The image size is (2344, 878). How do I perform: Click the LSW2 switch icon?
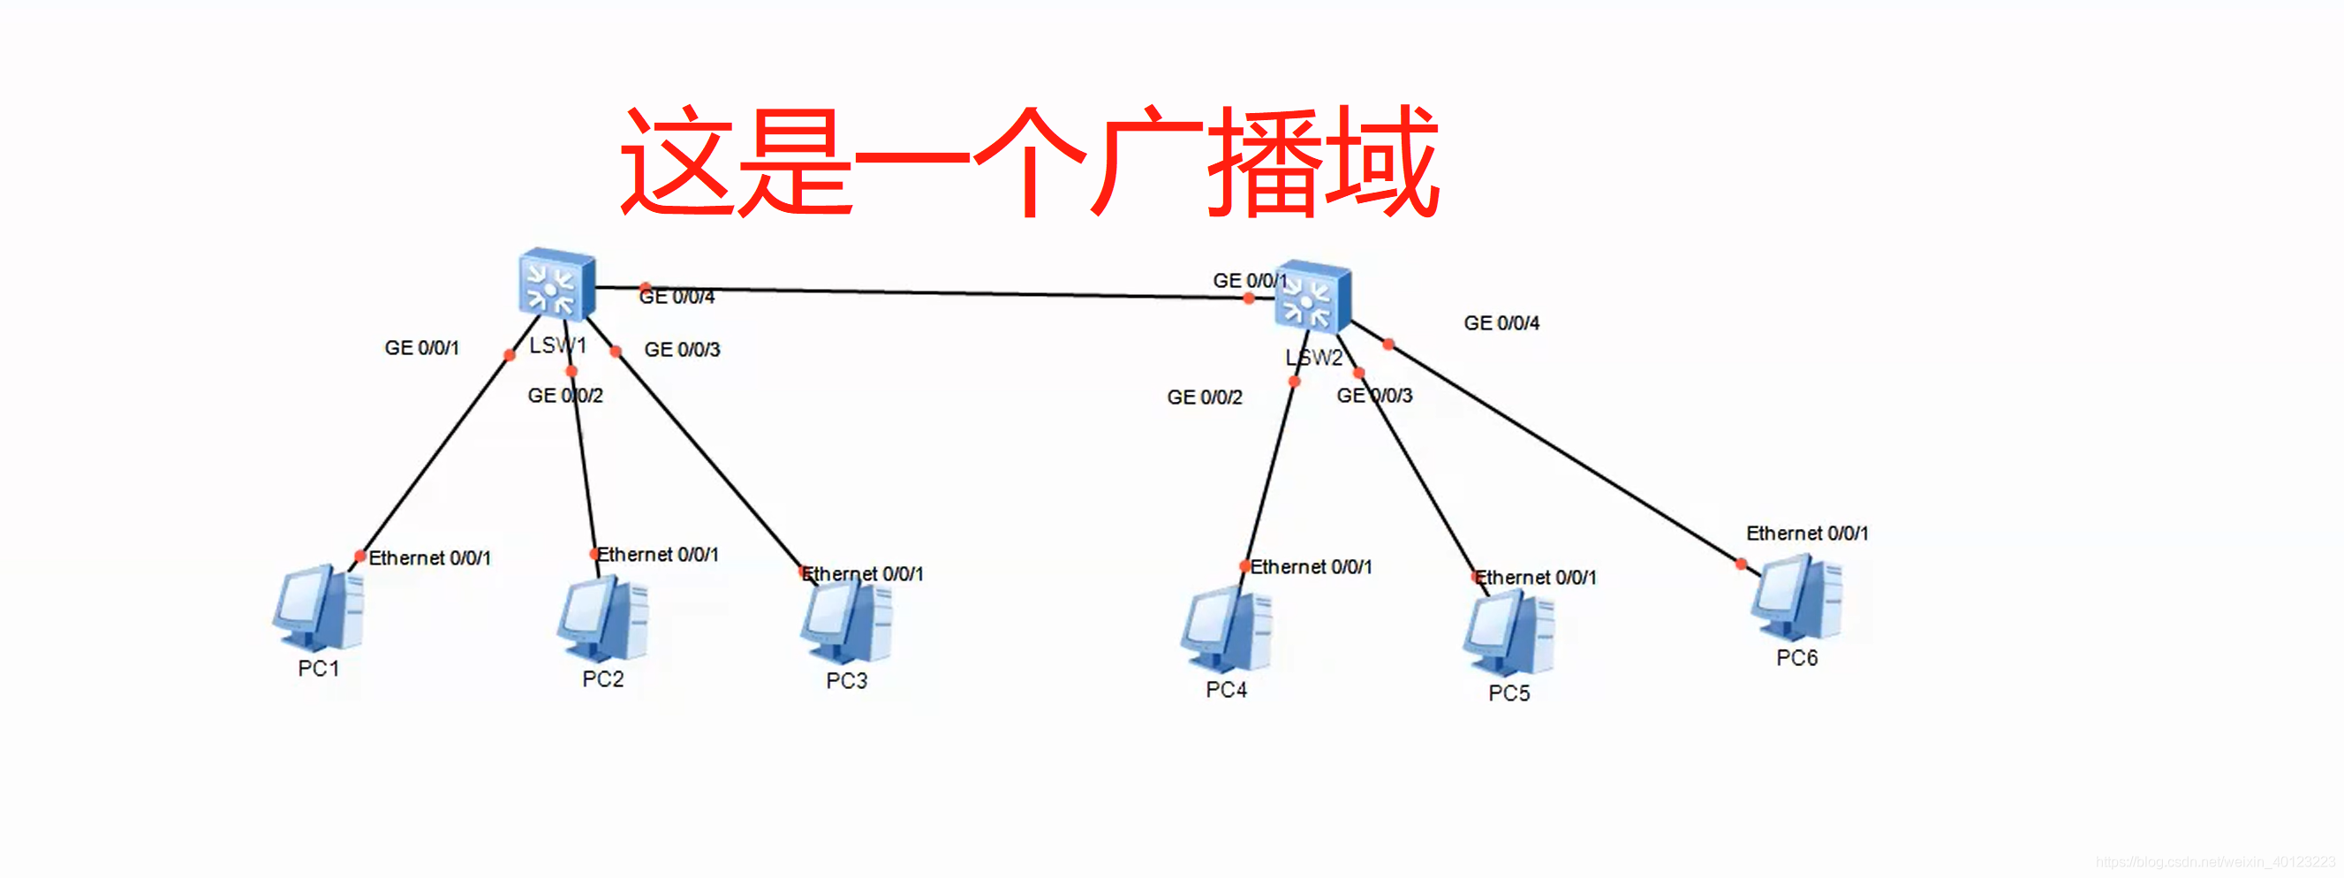tap(1312, 297)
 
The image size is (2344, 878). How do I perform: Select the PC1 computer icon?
tap(320, 608)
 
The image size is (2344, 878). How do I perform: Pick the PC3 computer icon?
tap(847, 623)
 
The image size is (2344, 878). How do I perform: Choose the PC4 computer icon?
tap(1227, 630)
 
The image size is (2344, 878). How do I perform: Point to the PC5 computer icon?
tap(1508, 633)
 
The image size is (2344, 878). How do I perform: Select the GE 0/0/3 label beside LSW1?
tap(682, 351)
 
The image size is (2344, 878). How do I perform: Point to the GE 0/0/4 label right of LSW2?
tap(1501, 324)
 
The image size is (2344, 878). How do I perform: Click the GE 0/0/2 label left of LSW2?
tap(1204, 397)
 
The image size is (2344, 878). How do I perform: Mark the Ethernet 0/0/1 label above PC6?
tap(1806, 534)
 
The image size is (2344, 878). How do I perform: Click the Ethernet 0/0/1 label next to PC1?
tap(428, 558)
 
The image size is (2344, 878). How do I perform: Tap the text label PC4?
tap(1226, 691)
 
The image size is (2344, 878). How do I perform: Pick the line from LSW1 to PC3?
tap(710, 462)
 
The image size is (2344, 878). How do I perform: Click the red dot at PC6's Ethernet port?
tap(1741, 564)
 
